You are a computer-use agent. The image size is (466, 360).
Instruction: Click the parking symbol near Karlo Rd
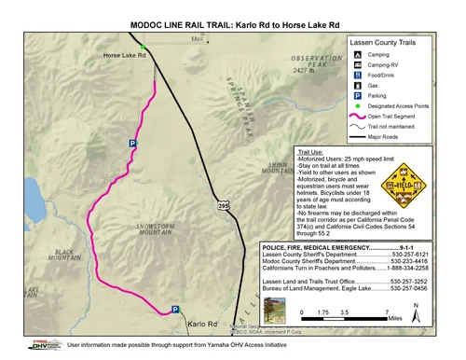[x=174, y=310]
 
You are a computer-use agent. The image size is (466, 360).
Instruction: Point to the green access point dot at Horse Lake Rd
[x=143, y=47]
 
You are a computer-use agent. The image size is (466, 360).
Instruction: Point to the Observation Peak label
[x=323, y=61]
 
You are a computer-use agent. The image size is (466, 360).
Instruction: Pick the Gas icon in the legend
[x=358, y=84]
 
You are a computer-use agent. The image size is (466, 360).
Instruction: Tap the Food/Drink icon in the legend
[x=358, y=70]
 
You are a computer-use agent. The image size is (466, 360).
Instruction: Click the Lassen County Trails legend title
[x=391, y=43]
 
